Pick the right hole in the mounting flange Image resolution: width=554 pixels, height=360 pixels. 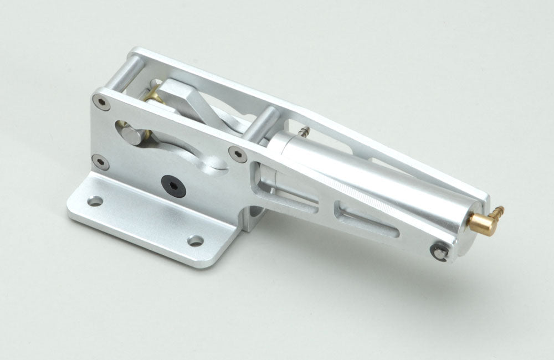pos(194,240)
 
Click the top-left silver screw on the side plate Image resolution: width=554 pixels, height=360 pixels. pos(99,101)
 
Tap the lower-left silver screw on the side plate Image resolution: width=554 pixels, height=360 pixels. pos(99,161)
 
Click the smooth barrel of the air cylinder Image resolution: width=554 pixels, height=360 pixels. pos(377,177)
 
